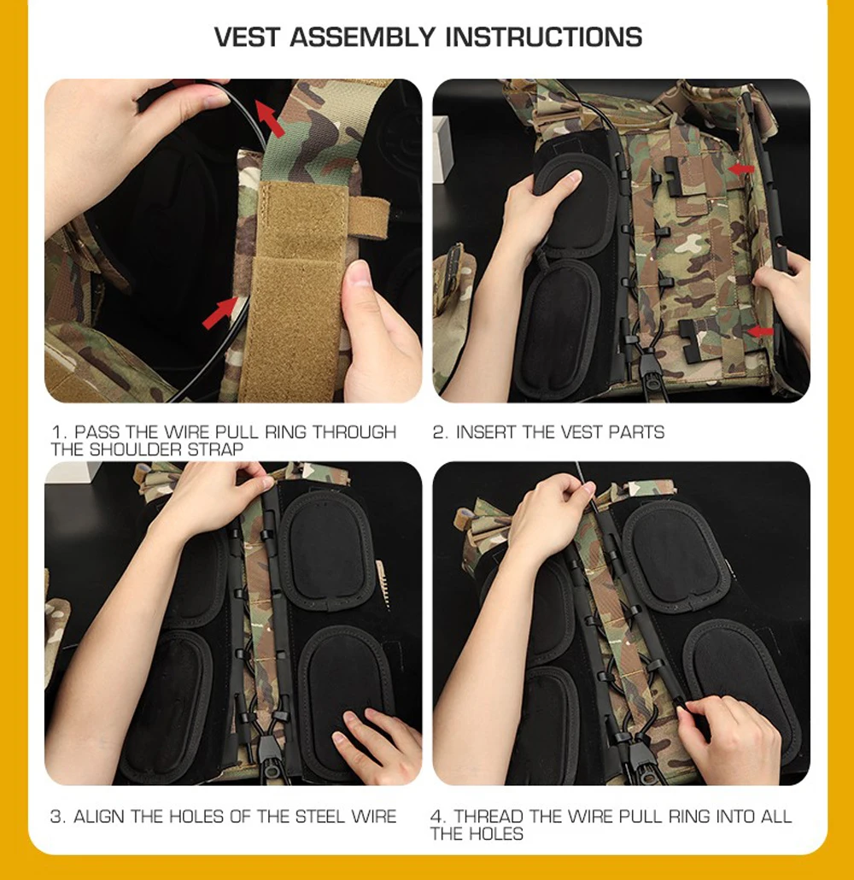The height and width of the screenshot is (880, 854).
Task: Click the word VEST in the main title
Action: point(246,37)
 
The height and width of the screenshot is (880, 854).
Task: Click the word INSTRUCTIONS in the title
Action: point(544,37)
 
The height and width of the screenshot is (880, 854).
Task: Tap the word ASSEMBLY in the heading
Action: point(362,37)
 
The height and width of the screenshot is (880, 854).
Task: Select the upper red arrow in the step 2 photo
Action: point(740,168)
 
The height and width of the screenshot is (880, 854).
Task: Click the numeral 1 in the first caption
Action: point(56,432)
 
